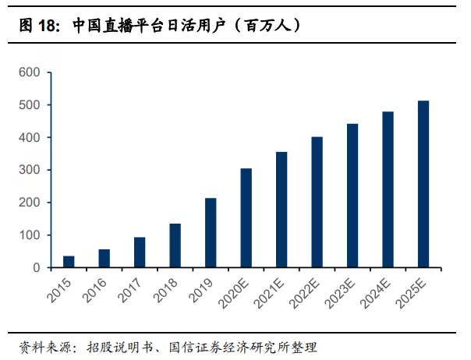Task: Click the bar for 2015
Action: pyautogui.click(x=69, y=262)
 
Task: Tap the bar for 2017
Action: pyautogui.click(x=140, y=252)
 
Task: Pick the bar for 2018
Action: pyautogui.click(x=175, y=245)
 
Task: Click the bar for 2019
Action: pyautogui.click(x=211, y=232)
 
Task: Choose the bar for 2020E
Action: pyautogui.click(x=246, y=217)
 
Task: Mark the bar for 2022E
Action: pyautogui.click(x=317, y=202)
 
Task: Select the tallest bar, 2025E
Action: pyautogui.click(x=423, y=184)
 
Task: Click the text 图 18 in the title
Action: pyautogui.click(x=37, y=25)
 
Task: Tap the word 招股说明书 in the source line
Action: pyautogui.click(x=117, y=347)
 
